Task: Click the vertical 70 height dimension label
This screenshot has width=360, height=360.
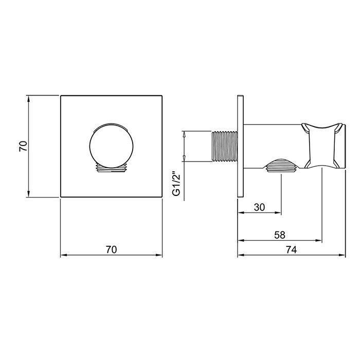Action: point(22,146)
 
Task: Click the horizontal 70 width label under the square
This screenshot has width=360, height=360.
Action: point(111,249)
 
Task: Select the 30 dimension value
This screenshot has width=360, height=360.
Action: point(259,208)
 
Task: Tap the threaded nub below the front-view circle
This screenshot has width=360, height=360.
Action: point(112,168)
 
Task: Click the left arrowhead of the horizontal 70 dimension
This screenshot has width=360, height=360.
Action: point(64,255)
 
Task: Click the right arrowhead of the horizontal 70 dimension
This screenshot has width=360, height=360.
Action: point(159,255)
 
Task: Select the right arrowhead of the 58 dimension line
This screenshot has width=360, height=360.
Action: point(319,241)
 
